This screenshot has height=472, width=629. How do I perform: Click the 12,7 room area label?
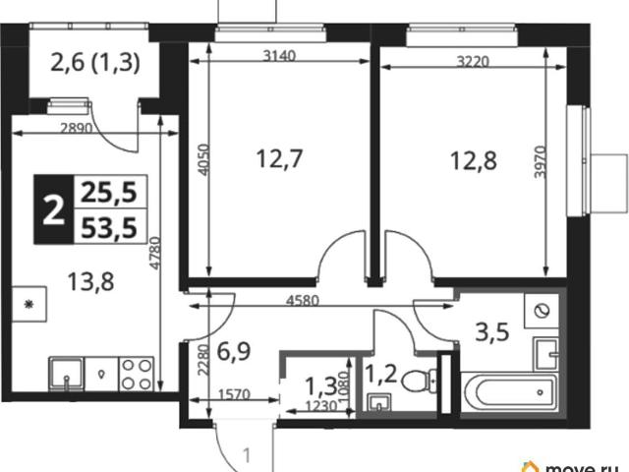coord(279,159)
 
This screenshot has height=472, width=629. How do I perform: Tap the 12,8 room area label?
coord(474,161)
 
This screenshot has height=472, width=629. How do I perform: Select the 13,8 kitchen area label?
coord(90,282)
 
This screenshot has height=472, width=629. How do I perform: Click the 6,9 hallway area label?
coord(234,352)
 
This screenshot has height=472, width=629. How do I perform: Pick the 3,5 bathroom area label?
coord(492,332)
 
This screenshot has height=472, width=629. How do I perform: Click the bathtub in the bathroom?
coord(509,392)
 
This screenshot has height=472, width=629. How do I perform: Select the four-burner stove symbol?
coord(137,374)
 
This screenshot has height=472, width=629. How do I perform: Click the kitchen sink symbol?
coord(67,374)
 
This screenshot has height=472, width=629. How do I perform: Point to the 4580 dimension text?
coord(303,300)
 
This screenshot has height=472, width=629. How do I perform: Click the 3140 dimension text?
coord(279,55)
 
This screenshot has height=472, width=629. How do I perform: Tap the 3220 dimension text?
coord(474,61)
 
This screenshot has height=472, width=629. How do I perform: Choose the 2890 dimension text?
coord(77,128)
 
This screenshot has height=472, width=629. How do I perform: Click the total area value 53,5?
coord(109,227)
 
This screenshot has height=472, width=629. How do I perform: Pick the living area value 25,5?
coord(109,193)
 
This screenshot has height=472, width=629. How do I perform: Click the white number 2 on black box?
coord(54,209)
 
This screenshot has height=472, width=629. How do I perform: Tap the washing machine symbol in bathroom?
coord(542,311)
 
